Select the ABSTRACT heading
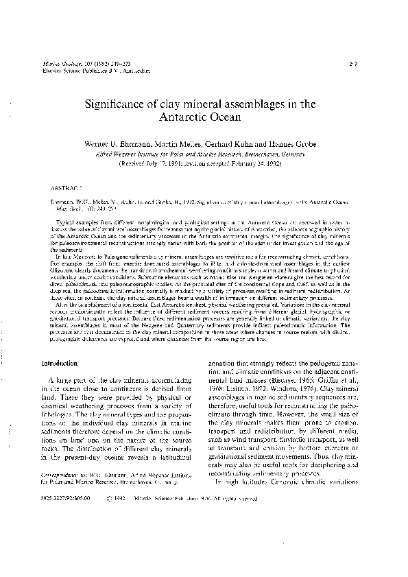(66, 187)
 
